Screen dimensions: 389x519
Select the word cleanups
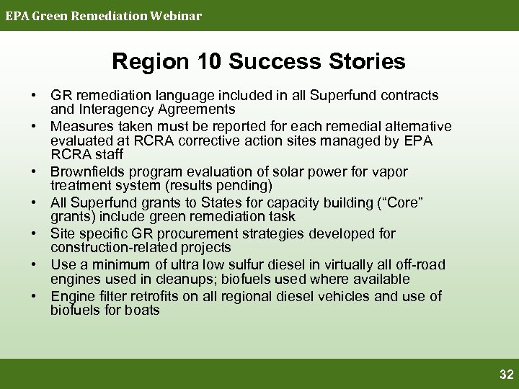tap(178, 279)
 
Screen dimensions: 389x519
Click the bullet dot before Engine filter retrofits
tap(34, 296)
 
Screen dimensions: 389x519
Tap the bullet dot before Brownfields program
tap(34, 172)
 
